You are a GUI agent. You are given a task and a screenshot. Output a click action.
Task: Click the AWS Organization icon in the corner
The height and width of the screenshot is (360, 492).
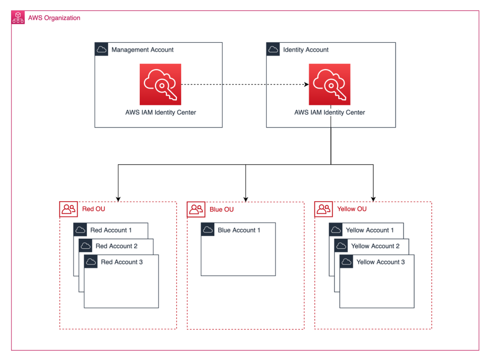point(18,18)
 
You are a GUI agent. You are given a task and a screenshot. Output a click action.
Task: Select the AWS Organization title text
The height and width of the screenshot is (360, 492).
point(54,18)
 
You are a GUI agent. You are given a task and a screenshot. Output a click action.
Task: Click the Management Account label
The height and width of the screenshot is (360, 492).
point(142,49)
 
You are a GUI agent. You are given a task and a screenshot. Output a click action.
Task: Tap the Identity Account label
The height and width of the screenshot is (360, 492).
point(306,49)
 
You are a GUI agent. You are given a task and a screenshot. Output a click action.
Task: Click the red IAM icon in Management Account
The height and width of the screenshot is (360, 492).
point(160,84)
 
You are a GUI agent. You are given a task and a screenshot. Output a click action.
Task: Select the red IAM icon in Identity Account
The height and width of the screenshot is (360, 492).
point(330,84)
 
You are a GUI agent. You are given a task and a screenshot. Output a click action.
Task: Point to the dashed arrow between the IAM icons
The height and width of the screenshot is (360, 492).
point(245,85)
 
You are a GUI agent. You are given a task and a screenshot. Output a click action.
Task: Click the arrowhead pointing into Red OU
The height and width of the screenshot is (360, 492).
point(118,199)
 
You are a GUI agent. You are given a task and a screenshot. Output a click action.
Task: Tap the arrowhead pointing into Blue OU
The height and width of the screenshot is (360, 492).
point(246,199)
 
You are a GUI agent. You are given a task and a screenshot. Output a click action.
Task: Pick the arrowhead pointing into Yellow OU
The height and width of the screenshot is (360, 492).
point(373,199)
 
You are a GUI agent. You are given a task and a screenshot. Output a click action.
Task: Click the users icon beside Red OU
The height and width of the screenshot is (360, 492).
point(68,209)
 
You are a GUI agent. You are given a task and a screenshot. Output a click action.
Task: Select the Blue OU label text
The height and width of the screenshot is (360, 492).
point(221,209)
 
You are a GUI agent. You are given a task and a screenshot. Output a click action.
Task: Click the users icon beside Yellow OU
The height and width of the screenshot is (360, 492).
point(323,209)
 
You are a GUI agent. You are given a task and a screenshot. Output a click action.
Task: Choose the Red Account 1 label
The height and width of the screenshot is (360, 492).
point(111,230)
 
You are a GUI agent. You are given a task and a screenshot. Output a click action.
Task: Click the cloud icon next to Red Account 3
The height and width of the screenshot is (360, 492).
point(91,262)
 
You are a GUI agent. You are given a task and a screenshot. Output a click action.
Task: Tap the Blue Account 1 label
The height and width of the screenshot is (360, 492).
point(239,230)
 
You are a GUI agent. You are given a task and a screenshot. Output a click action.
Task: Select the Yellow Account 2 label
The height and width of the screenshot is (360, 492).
point(375,246)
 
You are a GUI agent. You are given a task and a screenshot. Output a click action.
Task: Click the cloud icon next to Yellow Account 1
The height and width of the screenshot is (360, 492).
point(336,230)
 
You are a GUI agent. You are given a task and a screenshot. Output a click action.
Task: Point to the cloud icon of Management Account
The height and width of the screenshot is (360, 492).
point(101,49)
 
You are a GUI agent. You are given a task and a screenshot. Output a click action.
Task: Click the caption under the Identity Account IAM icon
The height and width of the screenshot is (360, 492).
point(330,112)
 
